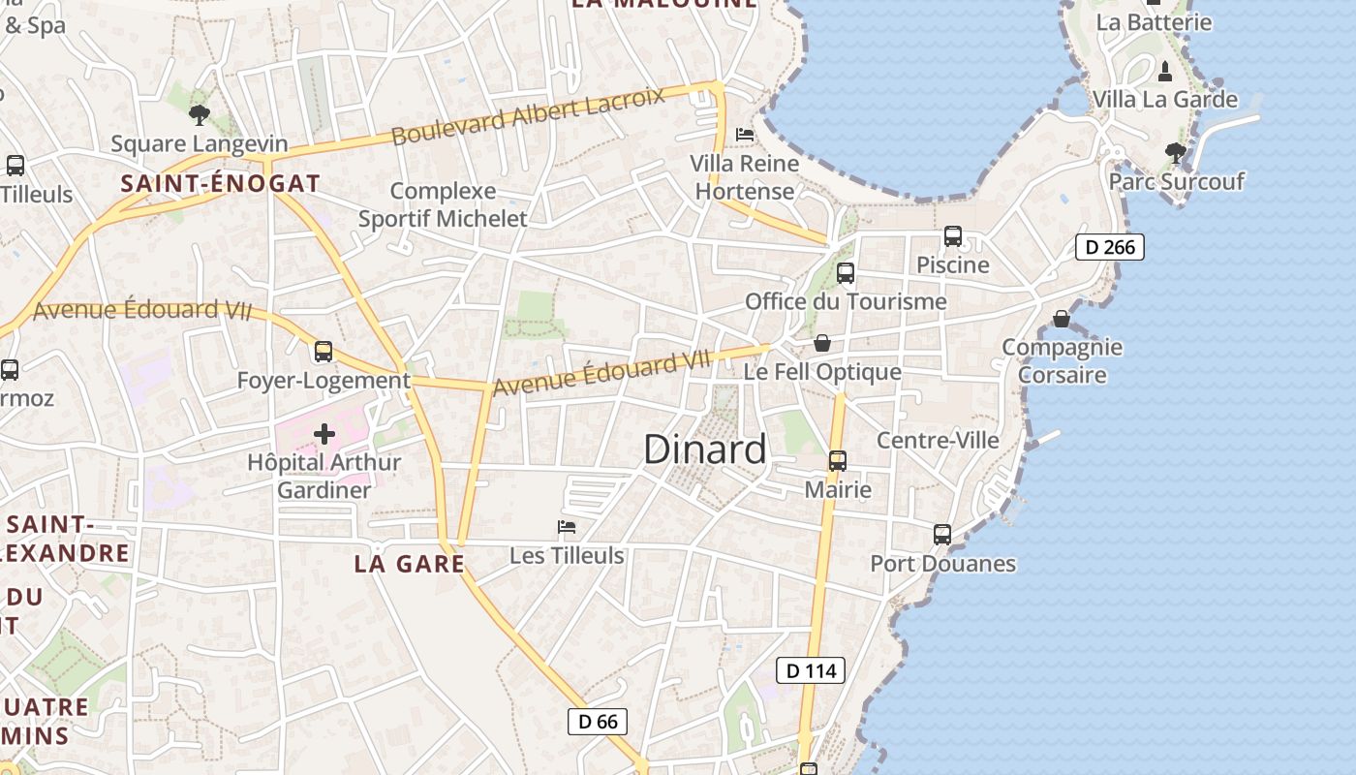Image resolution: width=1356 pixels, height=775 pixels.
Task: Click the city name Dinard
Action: (x=704, y=449)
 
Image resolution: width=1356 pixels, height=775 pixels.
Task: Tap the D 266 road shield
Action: (x=1110, y=247)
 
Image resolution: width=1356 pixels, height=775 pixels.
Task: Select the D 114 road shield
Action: (x=811, y=670)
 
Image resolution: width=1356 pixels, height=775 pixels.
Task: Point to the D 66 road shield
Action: (x=598, y=722)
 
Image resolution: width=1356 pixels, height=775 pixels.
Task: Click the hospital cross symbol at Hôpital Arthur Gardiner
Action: (x=324, y=434)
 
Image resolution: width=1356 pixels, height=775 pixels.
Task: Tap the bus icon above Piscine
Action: (x=953, y=236)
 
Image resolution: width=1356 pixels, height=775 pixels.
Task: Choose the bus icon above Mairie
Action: (x=838, y=461)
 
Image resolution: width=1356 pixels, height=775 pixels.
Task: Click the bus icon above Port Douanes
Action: (x=942, y=535)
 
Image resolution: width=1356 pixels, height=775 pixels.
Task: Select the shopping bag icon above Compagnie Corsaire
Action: (x=1062, y=318)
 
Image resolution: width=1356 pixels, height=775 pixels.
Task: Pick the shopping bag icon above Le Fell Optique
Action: (x=822, y=343)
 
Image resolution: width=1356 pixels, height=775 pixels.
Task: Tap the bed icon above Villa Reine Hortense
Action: (x=745, y=135)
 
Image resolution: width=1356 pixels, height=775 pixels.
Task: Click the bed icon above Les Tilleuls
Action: (x=567, y=527)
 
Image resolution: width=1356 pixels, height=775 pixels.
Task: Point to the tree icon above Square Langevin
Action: (x=200, y=115)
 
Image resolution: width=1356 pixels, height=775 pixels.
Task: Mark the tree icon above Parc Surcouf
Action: (x=1175, y=152)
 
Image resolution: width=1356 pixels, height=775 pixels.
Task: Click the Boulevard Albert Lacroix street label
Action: (x=529, y=115)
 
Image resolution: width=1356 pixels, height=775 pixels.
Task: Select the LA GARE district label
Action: (x=410, y=564)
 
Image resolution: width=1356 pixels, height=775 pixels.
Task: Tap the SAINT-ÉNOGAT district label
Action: (x=220, y=183)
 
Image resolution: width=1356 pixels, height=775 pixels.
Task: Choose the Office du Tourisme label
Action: (x=846, y=301)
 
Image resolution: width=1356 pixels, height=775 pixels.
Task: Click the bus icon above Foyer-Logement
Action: (x=324, y=351)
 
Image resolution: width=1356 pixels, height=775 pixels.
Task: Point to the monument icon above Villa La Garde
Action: (x=1164, y=71)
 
